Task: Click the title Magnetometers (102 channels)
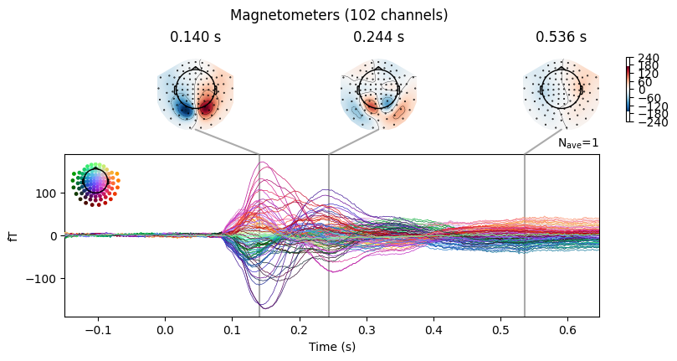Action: pos(339,15)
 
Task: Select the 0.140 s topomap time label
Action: pos(195,37)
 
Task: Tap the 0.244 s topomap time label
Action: pos(378,37)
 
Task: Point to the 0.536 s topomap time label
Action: pos(561,37)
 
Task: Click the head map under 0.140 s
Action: pos(196,95)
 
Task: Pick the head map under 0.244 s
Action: pos(378,95)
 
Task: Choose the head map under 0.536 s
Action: pos(561,95)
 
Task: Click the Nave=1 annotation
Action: pos(578,143)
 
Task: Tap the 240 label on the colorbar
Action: pos(649,58)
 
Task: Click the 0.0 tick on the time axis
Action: pos(165,330)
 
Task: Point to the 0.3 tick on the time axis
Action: pos(367,330)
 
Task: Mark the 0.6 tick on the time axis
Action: pos(567,330)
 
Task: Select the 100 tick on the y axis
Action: pos(47,193)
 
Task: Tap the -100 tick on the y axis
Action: pos(42,279)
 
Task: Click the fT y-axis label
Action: pos(14,235)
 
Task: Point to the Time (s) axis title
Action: pos(332,347)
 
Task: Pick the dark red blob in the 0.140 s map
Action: pos(206,107)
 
